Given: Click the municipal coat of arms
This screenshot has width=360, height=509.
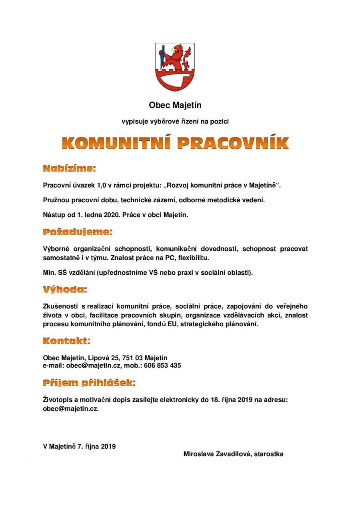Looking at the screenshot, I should click(x=175, y=67).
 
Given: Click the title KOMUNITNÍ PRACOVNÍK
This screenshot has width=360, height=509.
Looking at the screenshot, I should click(x=176, y=143).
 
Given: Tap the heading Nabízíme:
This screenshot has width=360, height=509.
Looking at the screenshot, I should click(x=69, y=168).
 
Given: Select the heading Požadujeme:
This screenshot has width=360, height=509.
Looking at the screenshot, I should click(x=78, y=232).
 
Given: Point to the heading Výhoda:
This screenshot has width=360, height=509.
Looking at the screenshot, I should click(x=65, y=289).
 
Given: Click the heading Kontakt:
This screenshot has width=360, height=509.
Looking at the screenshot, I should click(x=67, y=341).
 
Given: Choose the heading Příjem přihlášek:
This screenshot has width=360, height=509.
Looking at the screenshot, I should click(x=89, y=383).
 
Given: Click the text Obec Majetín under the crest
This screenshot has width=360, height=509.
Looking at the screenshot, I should click(x=175, y=106).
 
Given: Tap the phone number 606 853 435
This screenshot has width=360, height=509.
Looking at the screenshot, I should click(x=163, y=365).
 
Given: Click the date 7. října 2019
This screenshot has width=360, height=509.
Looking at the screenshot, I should click(x=96, y=446).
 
